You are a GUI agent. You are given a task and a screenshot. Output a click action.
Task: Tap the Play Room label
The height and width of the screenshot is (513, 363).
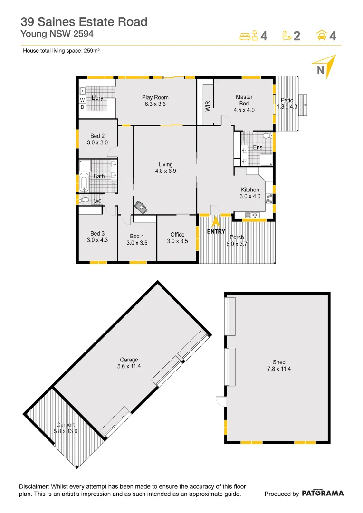tap(155, 97)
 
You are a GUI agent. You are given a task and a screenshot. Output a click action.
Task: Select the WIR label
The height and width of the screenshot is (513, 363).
tap(208, 105)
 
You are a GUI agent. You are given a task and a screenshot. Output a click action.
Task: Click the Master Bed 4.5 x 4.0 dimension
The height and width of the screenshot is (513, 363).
tap(244, 110)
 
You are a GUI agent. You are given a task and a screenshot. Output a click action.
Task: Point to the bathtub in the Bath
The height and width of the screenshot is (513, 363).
tap(85, 182)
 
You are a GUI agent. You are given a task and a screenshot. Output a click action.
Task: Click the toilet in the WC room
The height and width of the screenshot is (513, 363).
tap(85, 200)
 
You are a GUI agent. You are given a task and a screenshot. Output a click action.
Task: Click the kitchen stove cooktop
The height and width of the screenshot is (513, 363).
tap(270, 198)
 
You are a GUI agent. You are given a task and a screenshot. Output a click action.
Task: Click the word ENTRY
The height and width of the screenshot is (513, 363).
tap(216, 232)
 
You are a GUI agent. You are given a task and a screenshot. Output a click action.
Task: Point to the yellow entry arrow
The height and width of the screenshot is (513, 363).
tap(215, 221)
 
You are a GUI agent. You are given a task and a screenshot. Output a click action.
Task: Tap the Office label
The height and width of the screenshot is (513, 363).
tap(177, 235)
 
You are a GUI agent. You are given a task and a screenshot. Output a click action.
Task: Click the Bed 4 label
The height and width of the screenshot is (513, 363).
tap(137, 236)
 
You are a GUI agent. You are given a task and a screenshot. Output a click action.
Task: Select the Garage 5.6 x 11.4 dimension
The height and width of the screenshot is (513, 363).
tap(129, 366)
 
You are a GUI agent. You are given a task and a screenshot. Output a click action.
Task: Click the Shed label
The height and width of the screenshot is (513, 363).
tap(279, 362)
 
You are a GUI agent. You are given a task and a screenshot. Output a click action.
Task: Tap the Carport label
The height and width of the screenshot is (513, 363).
tap(66, 425)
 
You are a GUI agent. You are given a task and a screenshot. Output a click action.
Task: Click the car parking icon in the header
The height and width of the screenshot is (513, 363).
tap(322, 35)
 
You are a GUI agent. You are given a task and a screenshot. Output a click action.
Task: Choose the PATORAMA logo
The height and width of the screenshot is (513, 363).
tap(323, 494)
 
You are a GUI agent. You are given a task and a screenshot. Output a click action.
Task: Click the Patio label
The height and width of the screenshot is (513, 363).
tap(287, 100)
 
